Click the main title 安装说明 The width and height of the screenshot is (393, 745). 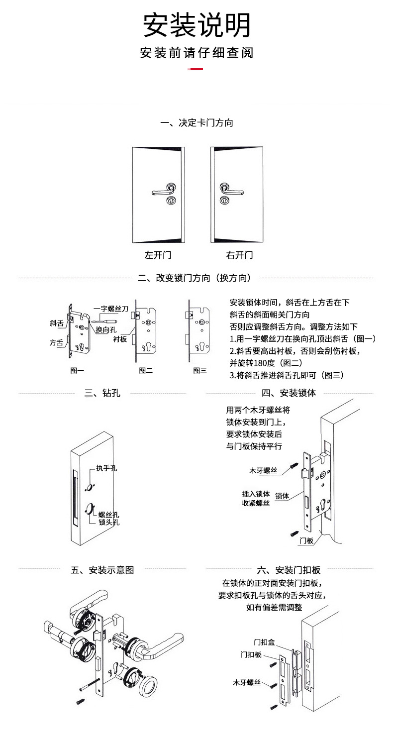click(x=196, y=25)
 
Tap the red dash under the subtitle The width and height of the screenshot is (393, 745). click(x=195, y=69)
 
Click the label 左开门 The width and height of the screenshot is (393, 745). click(x=158, y=255)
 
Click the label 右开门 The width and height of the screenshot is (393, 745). click(x=239, y=255)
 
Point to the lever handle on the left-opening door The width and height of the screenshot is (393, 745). click(x=164, y=191)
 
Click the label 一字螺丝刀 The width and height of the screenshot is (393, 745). click(x=111, y=309)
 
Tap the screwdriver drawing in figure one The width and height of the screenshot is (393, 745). click(x=103, y=322)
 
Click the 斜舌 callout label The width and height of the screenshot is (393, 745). click(x=57, y=323)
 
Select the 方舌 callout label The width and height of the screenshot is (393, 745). click(x=56, y=342)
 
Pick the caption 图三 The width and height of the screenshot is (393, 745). click(x=200, y=370)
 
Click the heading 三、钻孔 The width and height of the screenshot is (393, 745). click(x=102, y=393)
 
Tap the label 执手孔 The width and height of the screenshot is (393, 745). click(x=107, y=468)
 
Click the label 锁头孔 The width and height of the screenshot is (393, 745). click(x=109, y=522)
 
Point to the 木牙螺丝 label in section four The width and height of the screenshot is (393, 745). click(x=263, y=471)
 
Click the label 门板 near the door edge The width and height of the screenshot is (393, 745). click(x=306, y=541)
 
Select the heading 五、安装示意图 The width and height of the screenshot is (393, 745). click(x=102, y=570)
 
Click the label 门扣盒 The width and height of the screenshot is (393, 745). click(x=264, y=642)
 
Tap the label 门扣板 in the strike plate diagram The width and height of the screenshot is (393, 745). click(x=251, y=655)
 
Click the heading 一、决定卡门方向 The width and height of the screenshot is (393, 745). click(x=196, y=123)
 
